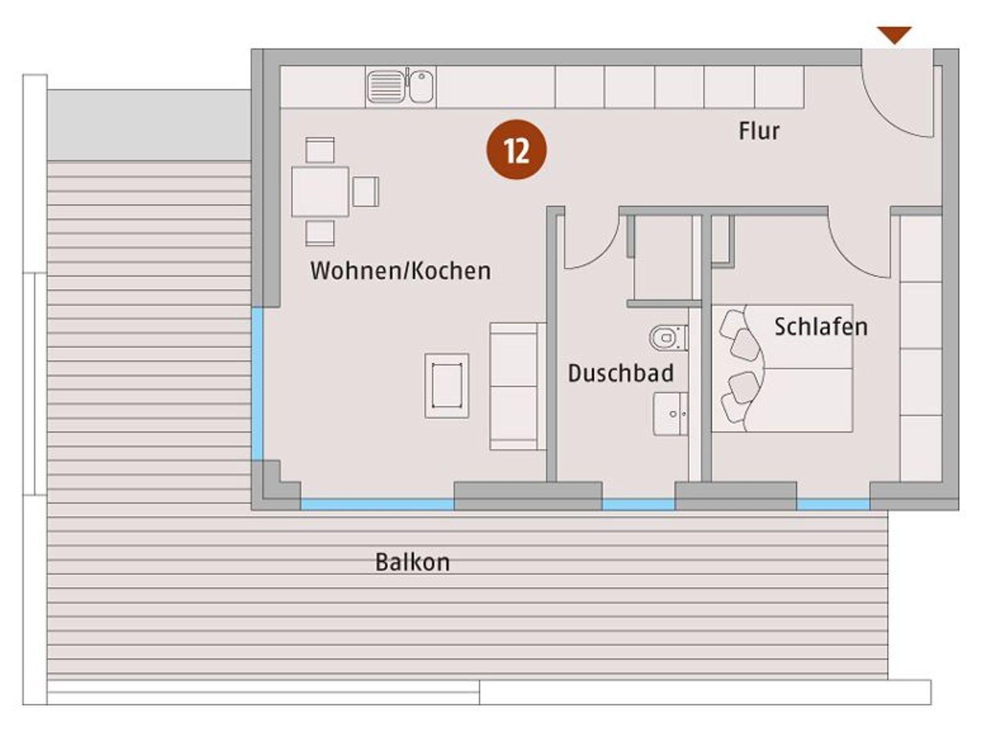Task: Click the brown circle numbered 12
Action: (x=516, y=150)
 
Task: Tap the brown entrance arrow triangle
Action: (x=894, y=34)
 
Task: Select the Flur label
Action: (x=759, y=131)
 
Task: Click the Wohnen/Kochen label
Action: (x=400, y=271)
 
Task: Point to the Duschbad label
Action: (x=621, y=374)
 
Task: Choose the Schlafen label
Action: (x=821, y=327)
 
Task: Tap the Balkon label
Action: (x=412, y=562)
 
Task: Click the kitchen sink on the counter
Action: (x=400, y=87)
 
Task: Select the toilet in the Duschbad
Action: (x=668, y=338)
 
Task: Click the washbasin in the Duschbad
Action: (x=670, y=414)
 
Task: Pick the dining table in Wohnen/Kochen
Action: (x=320, y=192)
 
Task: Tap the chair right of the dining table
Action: (x=366, y=192)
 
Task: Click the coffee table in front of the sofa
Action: (x=447, y=386)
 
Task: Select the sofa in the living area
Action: (x=518, y=386)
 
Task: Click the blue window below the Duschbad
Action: (x=638, y=505)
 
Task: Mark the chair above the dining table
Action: (x=320, y=150)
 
